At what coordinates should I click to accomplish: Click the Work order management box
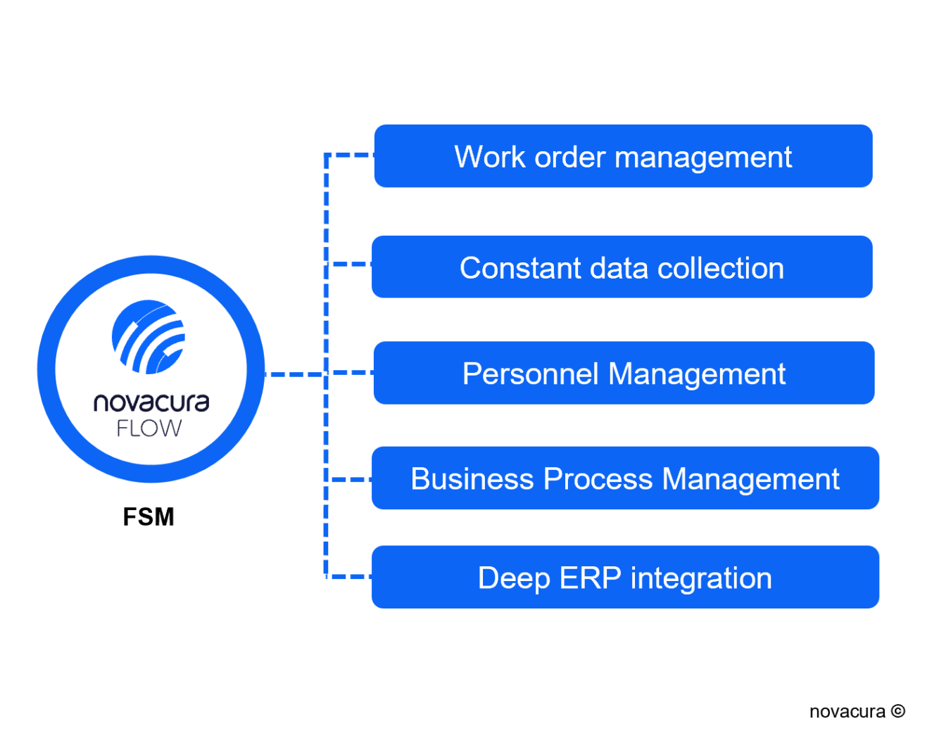pyautogui.click(x=623, y=156)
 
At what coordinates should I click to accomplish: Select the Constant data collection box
pyautogui.click(x=622, y=267)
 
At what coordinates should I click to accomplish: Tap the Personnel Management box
pyautogui.click(x=624, y=373)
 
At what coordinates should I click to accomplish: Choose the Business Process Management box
pyautogui.click(x=625, y=478)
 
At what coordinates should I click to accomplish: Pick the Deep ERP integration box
pyautogui.click(x=625, y=578)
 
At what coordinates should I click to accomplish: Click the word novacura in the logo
pyautogui.click(x=151, y=402)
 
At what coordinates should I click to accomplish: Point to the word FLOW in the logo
pyautogui.click(x=149, y=428)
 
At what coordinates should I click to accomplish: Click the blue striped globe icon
pyautogui.click(x=149, y=337)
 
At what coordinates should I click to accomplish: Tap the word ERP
pyautogui.click(x=590, y=578)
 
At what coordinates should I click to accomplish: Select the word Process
pyautogui.click(x=598, y=479)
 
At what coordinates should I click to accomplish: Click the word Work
pyautogui.click(x=490, y=157)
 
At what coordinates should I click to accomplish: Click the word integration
pyautogui.click(x=701, y=579)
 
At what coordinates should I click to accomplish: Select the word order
pyautogui.click(x=570, y=157)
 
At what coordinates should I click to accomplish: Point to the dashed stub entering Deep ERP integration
pyautogui.click(x=350, y=577)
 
